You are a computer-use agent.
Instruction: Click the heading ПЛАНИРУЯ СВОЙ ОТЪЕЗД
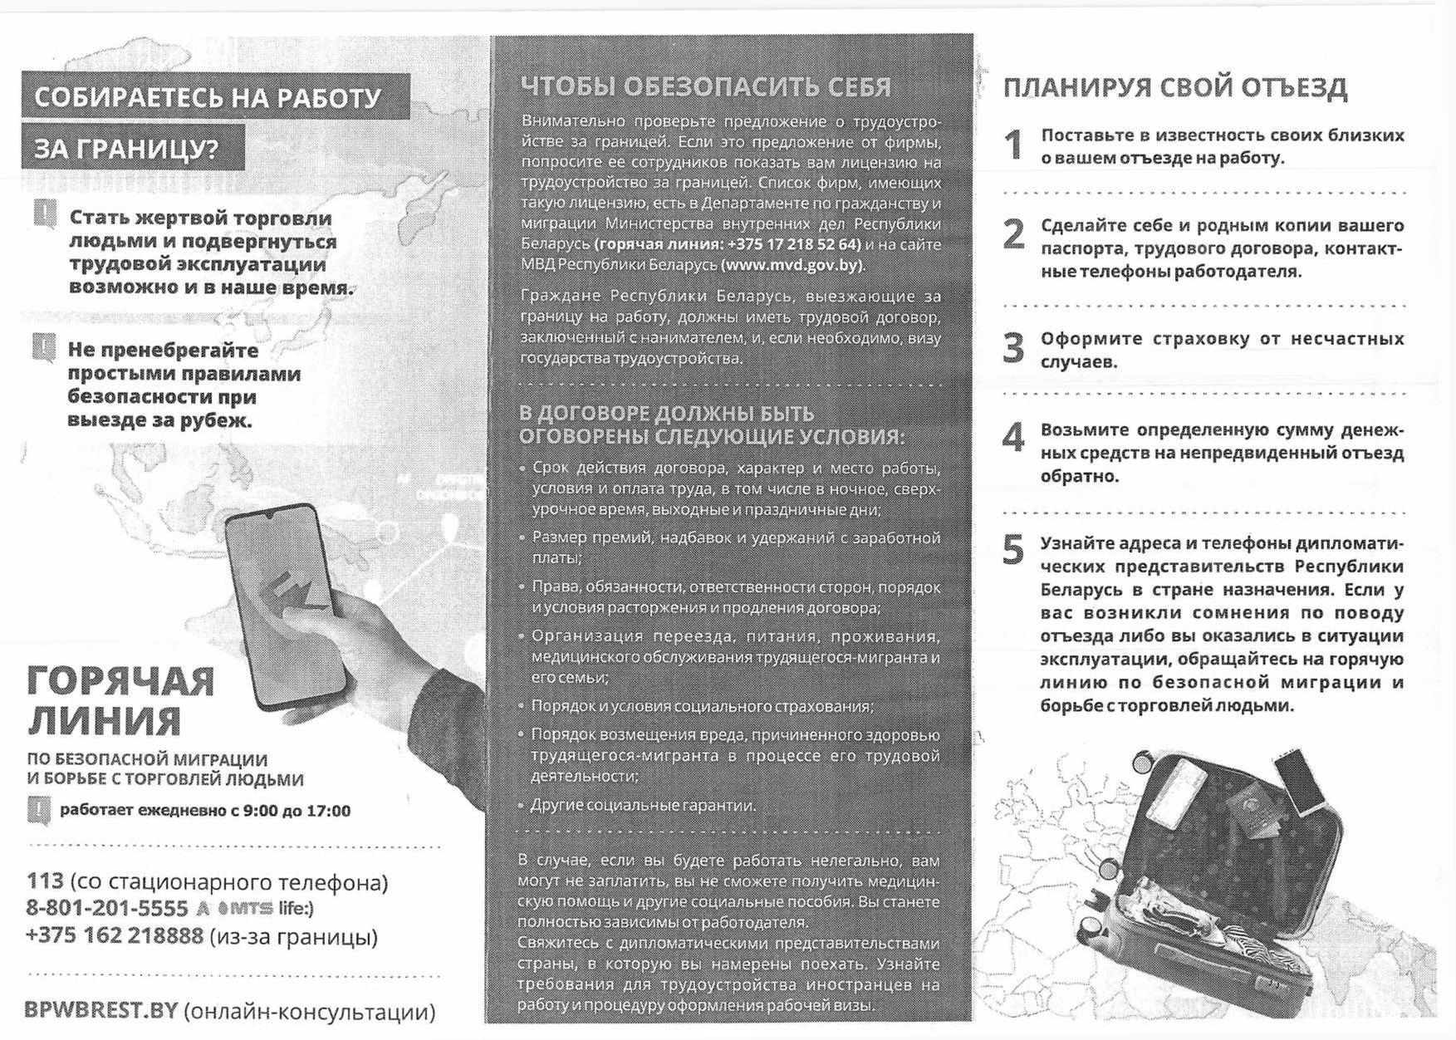point(1174,87)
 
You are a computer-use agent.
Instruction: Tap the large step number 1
point(1013,145)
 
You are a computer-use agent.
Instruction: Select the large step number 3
point(1013,348)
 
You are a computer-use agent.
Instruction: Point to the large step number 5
point(1013,549)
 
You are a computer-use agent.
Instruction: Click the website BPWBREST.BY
point(101,1010)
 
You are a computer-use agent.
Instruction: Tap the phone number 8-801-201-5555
point(107,908)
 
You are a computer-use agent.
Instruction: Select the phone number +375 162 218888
point(115,935)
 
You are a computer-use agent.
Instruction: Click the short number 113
point(45,881)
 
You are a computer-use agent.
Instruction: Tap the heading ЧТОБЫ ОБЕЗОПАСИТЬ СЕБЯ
point(706,86)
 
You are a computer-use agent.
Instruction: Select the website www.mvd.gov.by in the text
point(792,265)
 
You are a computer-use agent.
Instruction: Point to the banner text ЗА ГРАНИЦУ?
point(126,149)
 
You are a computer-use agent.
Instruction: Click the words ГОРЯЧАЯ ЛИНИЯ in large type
point(120,700)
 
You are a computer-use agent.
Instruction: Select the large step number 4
point(1013,437)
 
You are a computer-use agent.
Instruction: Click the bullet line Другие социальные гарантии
point(643,805)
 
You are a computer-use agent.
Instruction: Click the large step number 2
point(1013,235)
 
